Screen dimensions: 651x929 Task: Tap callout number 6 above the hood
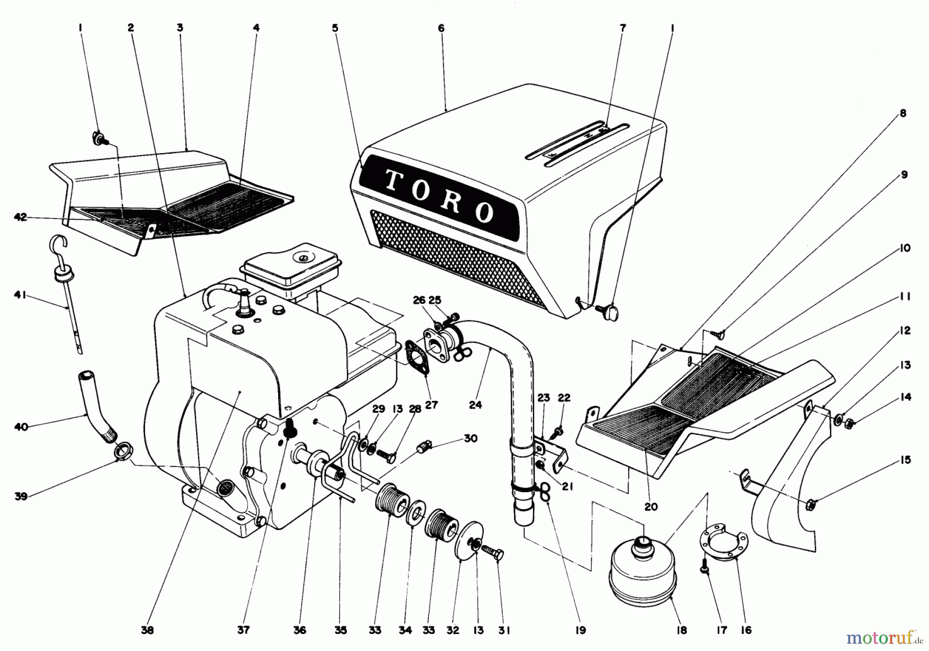(x=441, y=28)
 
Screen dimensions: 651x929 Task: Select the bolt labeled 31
(x=493, y=551)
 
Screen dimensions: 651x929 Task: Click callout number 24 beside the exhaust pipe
(x=475, y=405)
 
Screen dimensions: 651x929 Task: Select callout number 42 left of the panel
(x=20, y=217)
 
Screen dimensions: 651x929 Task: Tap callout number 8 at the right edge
(x=903, y=113)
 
